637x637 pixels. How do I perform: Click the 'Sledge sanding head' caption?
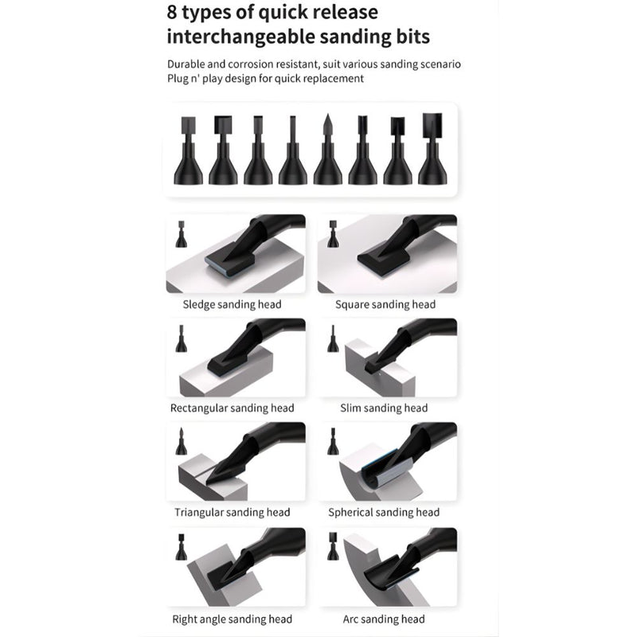point(232,304)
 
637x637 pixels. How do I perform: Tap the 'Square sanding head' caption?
point(385,304)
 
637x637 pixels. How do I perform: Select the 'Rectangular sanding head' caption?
point(232,408)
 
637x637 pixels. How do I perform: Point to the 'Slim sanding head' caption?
point(384,408)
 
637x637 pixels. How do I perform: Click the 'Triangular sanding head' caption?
point(233,513)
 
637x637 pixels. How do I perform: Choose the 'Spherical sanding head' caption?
point(384,513)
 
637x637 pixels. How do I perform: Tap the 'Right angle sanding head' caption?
point(233,619)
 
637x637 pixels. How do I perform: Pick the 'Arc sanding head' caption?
point(383,619)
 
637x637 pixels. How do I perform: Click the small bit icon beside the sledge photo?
point(181,235)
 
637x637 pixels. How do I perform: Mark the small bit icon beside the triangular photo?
point(181,442)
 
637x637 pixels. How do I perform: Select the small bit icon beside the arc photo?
point(333,547)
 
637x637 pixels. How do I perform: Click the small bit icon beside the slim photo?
point(333,338)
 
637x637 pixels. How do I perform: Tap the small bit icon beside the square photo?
point(333,235)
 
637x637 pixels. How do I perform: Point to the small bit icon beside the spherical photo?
point(333,442)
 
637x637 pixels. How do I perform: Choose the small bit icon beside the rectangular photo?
point(181,338)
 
